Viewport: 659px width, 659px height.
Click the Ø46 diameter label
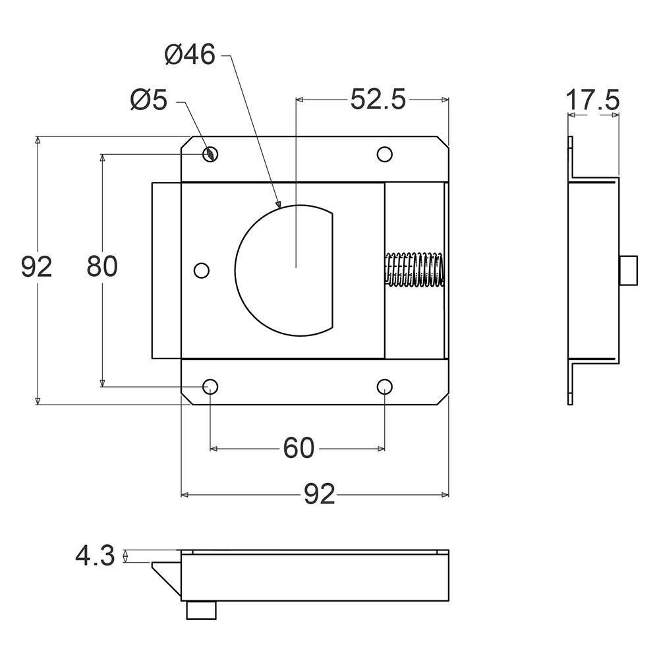190,55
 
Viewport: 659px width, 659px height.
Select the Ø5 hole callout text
149,100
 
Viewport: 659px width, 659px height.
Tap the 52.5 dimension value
378,100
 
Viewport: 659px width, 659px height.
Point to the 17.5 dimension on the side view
592,100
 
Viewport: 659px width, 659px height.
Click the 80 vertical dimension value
102,266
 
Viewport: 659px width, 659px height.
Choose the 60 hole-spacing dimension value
299,447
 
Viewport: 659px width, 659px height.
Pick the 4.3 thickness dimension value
95,556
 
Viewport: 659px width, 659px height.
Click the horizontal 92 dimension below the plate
320,494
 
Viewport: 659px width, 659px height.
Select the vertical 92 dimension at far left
36,266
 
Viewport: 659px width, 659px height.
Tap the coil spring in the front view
415,270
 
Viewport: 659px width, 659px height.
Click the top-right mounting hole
385,154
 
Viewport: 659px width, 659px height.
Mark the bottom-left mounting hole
210,386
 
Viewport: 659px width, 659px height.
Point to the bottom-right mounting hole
385,386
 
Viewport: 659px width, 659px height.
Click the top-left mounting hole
210,154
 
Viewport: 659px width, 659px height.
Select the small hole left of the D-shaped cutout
202,270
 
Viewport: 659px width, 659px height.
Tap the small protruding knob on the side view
628,270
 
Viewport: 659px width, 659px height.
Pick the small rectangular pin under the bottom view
201,610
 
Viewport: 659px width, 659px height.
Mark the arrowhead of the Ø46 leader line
278,205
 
